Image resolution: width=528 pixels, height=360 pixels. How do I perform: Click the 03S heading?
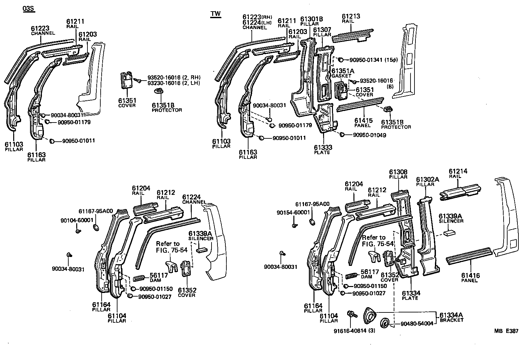tap(28, 9)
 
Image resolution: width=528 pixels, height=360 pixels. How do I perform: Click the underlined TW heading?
tap(215, 14)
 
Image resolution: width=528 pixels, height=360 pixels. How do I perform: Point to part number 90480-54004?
tap(417, 324)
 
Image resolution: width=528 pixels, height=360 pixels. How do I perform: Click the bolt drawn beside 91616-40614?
tap(351, 314)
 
